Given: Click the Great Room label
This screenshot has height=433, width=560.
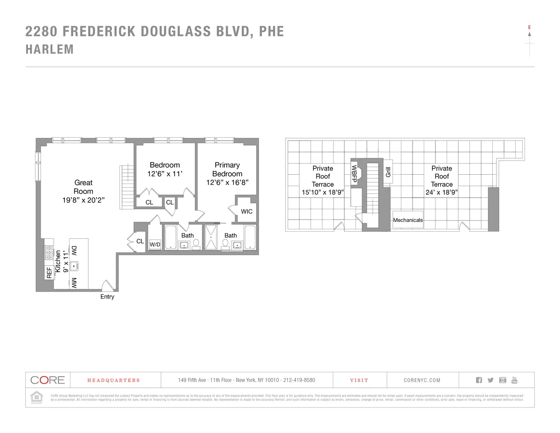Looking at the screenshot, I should coord(84,187).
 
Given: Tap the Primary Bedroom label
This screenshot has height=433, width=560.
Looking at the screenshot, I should coord(227,169).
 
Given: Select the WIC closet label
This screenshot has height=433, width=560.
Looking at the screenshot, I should coord(247,212).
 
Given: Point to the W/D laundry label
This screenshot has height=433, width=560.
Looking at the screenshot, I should coord(155,245).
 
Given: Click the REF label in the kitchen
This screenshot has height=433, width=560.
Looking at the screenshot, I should coord(49,273).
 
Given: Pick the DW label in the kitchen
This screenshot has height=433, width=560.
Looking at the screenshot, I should coord(74,251).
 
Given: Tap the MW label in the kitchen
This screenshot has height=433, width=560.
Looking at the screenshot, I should coord(74,282).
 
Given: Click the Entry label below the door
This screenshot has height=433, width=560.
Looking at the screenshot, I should coord(107,297).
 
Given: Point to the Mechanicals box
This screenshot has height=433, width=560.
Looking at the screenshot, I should coord(408,220).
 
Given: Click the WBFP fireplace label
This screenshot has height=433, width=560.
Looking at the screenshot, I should coord(354,173).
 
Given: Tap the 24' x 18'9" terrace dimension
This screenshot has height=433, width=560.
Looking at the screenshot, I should coord(441,192).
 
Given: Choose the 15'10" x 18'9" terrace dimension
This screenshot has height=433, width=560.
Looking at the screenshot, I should coord(323,192).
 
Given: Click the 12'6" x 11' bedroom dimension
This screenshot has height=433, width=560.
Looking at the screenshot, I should coord(165,174).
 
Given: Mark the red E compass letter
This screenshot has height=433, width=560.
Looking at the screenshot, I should coord(529,28).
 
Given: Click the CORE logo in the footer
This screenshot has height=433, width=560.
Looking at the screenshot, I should coord(48,380).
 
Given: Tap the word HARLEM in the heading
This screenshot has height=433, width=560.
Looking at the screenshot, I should coord(49,50).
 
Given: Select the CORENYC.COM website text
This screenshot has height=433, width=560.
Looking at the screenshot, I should coord(422,380).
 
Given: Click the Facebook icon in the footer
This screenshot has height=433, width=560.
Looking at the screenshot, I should coord(479,380).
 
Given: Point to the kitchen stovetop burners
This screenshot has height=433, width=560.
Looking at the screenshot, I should coord(48,253).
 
